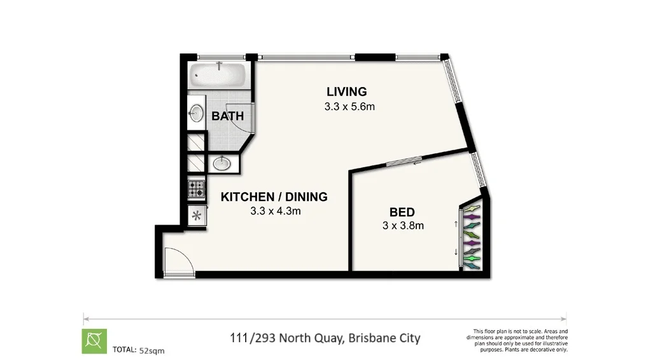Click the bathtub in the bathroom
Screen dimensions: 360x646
coord(218,76)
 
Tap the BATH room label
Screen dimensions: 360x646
coord(228,116)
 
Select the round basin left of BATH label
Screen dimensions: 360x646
coord(196,114)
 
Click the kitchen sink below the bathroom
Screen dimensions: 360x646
coord(221,163)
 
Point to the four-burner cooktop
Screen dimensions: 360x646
coord(196,188)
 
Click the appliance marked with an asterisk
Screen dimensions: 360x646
coord(196,215)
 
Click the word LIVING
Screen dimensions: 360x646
coord(346,91)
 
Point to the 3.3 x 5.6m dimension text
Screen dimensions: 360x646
coord(349,107)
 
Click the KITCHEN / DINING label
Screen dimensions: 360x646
coord(274,197)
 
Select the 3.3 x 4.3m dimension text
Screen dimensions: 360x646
coord(275,211)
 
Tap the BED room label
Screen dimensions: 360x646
coord(402,212)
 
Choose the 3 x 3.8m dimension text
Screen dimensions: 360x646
coord(403,225)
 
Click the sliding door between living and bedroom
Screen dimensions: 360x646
coord(404,162)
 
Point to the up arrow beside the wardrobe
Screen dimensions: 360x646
coord(456,223)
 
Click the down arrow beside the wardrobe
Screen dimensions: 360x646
coord(456,252)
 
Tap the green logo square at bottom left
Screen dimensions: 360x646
coord(94,341)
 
